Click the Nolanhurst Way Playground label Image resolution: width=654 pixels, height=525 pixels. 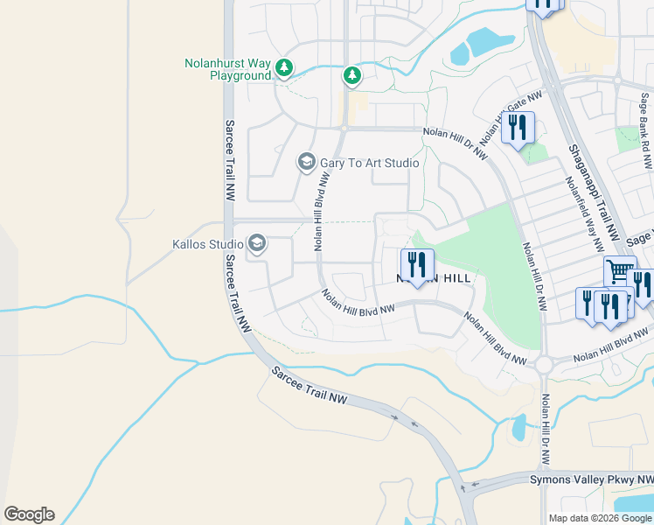(x=227, y=69)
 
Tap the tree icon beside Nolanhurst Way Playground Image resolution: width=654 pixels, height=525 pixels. (x=283, y=67)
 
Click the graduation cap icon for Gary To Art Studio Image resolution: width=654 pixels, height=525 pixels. (x=306, y=162)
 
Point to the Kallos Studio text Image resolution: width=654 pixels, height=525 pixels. (x=207, y=243)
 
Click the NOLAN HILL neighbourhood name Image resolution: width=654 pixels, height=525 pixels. (x=434, y=277)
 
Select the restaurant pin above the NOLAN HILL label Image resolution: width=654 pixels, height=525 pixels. (x=417, y=264)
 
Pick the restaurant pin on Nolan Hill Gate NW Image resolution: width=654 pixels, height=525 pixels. (x=518, y=129)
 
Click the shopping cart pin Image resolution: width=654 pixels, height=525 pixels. (x=620, y=272)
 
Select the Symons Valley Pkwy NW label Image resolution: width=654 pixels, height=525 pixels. (x=591, y=479)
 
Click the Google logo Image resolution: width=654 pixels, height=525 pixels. (x=29, y=514)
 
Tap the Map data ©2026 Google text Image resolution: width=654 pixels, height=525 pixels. (x=600, y=518)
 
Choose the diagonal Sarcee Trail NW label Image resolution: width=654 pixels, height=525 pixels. (x=310, y=386)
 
